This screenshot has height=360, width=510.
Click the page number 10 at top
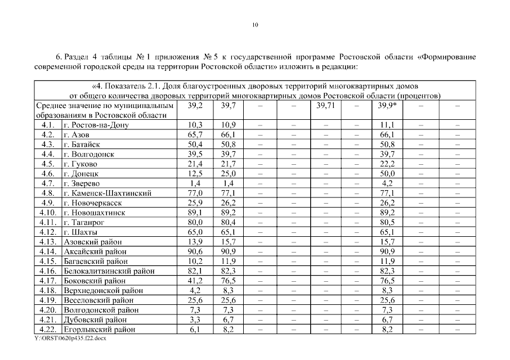[x=255, y=25]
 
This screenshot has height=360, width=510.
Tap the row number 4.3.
[x=47, y=145]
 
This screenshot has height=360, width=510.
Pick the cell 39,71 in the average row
[x=325, y=106]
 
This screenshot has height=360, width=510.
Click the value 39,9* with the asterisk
[x=387, y=106]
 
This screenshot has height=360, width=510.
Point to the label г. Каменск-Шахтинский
[x=108, y=193]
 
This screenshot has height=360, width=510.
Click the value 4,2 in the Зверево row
[x=387, y=183]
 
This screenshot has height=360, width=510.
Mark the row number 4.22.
[x=47, y=330]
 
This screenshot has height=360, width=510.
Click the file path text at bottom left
[x=70, y=339]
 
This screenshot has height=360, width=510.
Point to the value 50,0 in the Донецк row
[x=387, y=174]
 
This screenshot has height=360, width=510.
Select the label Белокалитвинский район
[x=105, y=271]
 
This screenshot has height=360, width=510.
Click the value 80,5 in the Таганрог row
[x=387, y=222]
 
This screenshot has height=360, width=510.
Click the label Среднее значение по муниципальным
[x=105, y=106]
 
